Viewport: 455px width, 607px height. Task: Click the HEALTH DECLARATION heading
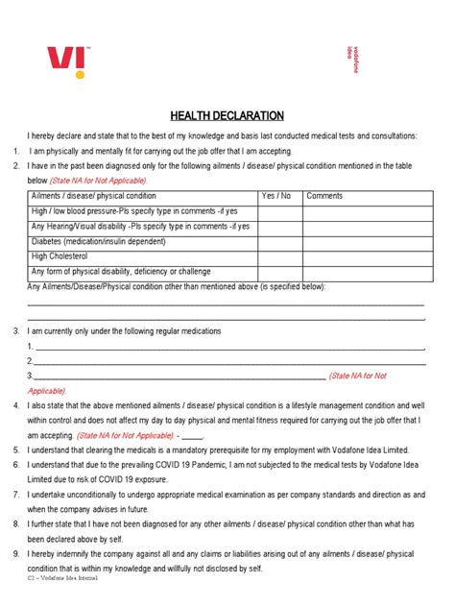point(227,115)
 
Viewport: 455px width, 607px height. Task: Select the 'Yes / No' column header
point(276,196)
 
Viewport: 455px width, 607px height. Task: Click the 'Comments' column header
point(324,196)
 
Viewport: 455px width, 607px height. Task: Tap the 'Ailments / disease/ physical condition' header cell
point(94,196)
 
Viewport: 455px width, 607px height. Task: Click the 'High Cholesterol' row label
point(60,256)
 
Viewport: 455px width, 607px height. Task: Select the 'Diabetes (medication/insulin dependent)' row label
point(104,241)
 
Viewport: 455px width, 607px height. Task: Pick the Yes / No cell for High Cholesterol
point(279,256)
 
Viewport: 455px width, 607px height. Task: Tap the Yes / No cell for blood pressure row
point(279,210)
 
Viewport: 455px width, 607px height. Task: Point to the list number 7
point(16,494)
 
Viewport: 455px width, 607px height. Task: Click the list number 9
point(16,554)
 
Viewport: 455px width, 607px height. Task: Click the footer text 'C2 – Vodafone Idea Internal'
point(63,580)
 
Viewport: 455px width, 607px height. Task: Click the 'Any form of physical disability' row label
point(121,272)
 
